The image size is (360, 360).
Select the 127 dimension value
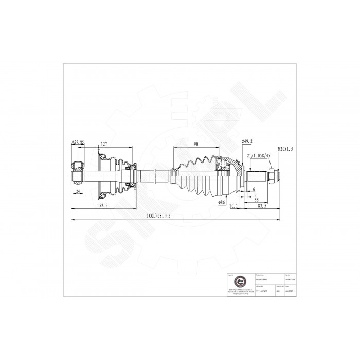(104, 145)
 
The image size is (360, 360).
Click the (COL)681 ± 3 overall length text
(158, 215)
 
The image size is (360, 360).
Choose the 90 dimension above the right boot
(196, 145)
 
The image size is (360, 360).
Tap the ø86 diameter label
(222, 202)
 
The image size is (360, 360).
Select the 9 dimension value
(255, 194)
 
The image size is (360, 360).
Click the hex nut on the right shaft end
(271, 176)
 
